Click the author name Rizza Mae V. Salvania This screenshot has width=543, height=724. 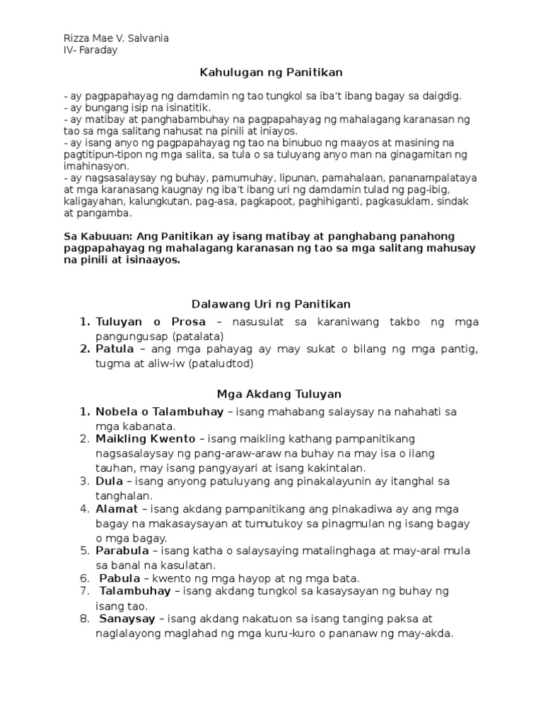(x=116, y=38)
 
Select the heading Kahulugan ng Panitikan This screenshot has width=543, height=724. (x=271, y=72)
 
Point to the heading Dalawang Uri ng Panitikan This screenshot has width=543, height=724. (x=271, y=304)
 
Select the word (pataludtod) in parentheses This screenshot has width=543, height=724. (x=218, y=363)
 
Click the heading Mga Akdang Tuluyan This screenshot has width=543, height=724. (x=271, y=394)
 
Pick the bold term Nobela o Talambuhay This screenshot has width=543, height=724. (x=160, y=411)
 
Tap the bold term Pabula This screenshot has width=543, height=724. (x=119, y=578)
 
